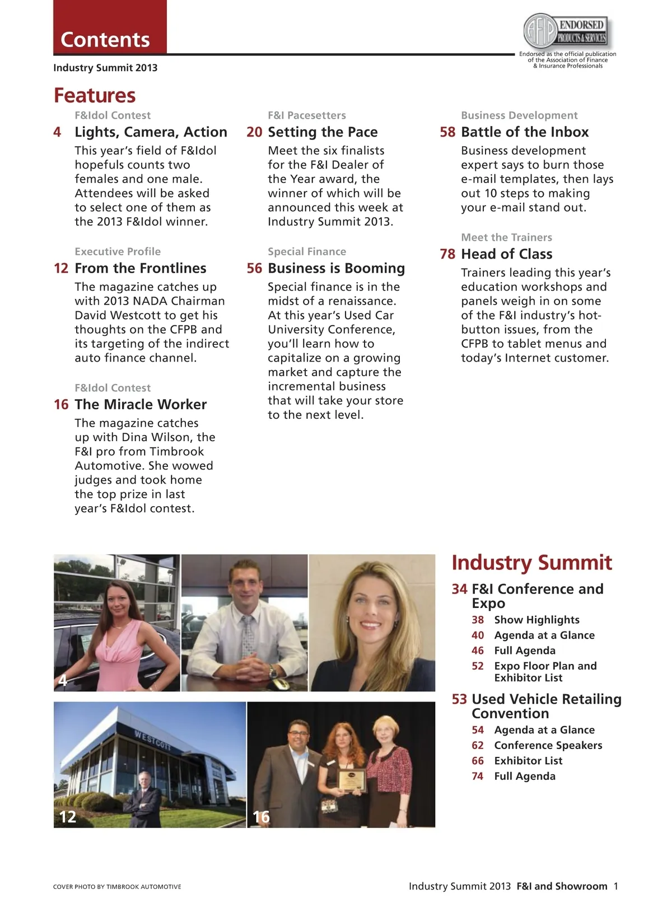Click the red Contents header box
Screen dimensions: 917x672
110,27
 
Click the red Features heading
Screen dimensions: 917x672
95,95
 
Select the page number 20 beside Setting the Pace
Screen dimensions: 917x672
254,132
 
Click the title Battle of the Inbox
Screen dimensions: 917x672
525,132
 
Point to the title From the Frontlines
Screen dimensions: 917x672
141,268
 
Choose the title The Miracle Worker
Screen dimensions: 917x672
141,404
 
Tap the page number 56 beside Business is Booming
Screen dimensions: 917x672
254,268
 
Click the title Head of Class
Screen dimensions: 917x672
506,254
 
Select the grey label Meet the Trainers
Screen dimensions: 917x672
506,237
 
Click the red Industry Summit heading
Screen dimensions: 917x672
531,563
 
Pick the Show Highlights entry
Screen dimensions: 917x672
536,620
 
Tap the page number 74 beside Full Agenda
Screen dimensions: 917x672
478,776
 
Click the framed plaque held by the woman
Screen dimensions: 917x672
352,780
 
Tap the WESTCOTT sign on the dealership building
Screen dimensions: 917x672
152,740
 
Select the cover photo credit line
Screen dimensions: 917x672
117,887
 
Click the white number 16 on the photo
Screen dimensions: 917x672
261,817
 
